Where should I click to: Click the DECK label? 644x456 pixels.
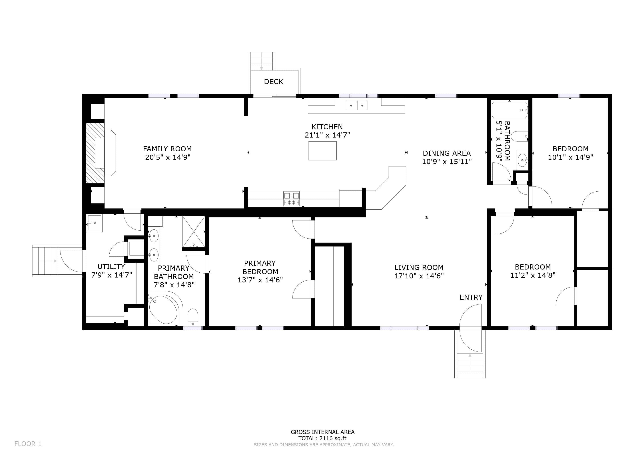click(x=273, y=82)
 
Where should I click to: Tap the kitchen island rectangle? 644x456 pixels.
click(x=322, y=151)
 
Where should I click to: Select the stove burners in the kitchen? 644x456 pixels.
click(x=291, y=199)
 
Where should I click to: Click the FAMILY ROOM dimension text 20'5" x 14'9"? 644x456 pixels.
click(x=168, y=157)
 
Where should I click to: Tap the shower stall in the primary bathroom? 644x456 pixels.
click(x=194, y=232)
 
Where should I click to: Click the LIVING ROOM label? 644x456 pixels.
click(x=419, y=268)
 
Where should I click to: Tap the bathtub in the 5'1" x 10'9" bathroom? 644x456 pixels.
click(x=510, y=110)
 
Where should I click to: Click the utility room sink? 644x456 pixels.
click(x=94, y=223)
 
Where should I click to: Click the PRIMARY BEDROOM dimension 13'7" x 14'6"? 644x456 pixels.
click(x=260, y=280)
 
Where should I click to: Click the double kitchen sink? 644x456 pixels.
click(x=357, y=105)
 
